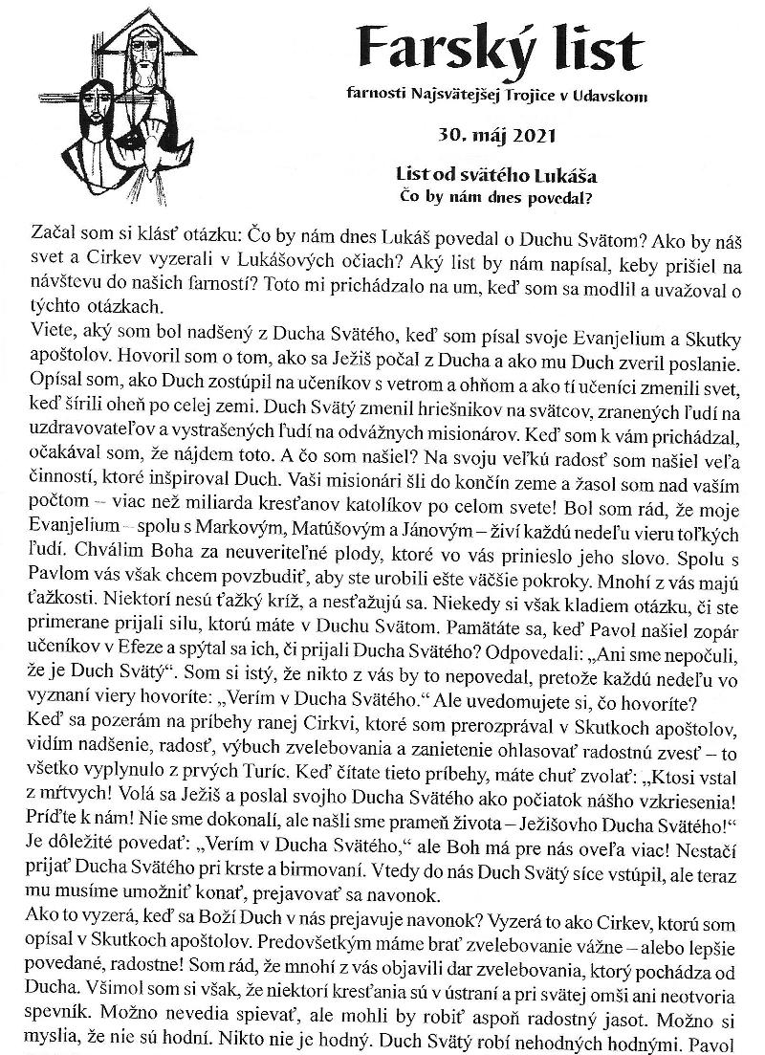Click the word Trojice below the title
click(511, 96)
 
